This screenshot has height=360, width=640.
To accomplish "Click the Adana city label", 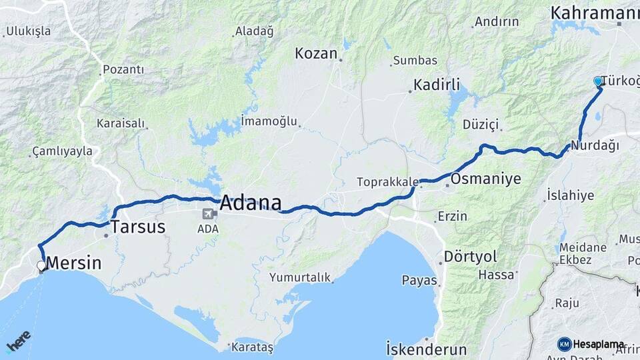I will pos(250,203).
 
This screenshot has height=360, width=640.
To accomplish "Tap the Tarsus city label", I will pos(137,227).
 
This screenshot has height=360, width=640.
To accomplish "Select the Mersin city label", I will pos(74,263).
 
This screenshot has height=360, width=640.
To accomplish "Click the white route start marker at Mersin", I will pos(41,265).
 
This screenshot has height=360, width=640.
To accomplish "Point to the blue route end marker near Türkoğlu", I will pos(598,81).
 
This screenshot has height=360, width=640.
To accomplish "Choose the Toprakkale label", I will pos(387,181).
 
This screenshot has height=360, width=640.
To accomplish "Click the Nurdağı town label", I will pos(595,145).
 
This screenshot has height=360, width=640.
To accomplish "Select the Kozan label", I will pos(316,53).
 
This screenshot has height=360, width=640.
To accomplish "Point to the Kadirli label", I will pos(437,85).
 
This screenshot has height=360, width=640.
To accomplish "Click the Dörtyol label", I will pos(471,256).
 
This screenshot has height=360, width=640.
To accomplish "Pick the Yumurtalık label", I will pos(300,277).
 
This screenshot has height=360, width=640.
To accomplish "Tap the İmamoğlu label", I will pos(270,121).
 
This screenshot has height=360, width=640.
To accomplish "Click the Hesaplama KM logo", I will pos(591,344).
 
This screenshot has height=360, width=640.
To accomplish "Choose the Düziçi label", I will pos(481,125).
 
